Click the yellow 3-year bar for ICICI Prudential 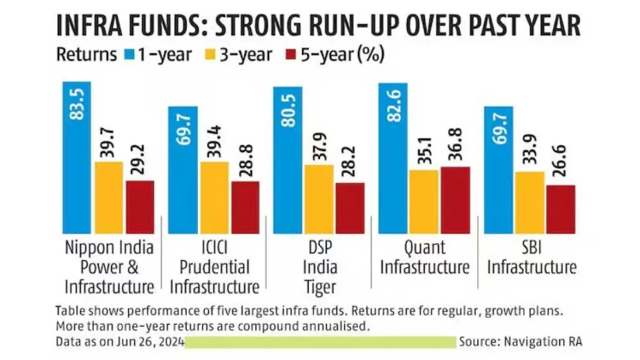tap(214, 197)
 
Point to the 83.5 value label tap(78, 102)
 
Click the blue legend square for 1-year tap(129, 55)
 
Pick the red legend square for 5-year tap(290, 55)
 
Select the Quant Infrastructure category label tap(425, 257)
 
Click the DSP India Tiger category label tap(321, 267)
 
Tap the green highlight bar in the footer tap(322, 341)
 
